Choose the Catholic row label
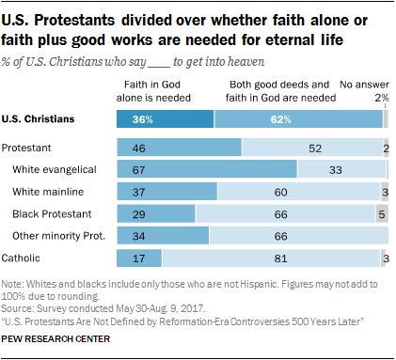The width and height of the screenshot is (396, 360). pos(22,257)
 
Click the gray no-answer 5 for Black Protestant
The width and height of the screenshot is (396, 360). pos(381,212)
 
